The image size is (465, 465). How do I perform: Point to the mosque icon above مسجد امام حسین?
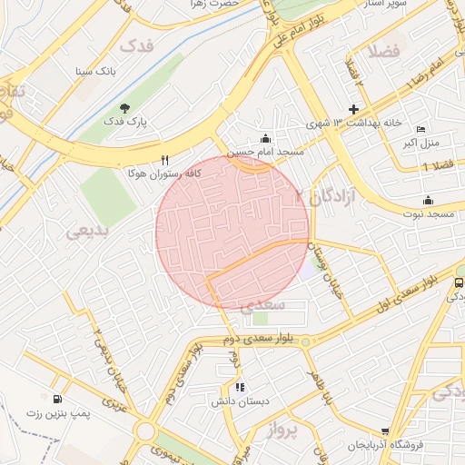point(264,138)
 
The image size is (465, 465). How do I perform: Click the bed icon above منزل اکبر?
point(420,129)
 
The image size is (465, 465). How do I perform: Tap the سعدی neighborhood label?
point(265,304)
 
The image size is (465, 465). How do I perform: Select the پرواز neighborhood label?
point(282,432)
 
